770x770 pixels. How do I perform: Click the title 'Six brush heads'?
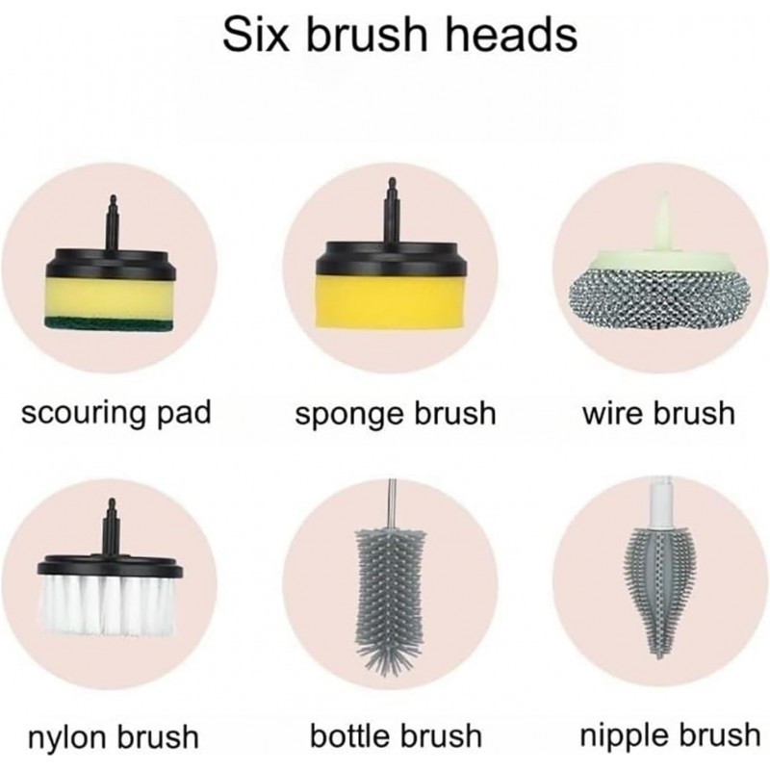(399, 35)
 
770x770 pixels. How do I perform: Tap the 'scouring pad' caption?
(116, 414)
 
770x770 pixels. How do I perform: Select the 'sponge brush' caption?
(396, 415)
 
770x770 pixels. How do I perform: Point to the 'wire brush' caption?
(658, 414)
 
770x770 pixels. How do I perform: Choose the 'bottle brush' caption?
(396, 735)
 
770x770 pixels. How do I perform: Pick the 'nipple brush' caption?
(670, 736)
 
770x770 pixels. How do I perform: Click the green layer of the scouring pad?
(109, 322)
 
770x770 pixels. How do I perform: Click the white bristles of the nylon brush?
(106, 605)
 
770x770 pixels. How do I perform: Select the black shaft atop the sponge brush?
(392, 210)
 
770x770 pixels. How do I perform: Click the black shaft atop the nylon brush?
(110, 527)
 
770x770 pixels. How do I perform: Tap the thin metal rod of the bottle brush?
(392, 503)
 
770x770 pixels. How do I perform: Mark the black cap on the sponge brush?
(392, 258)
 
